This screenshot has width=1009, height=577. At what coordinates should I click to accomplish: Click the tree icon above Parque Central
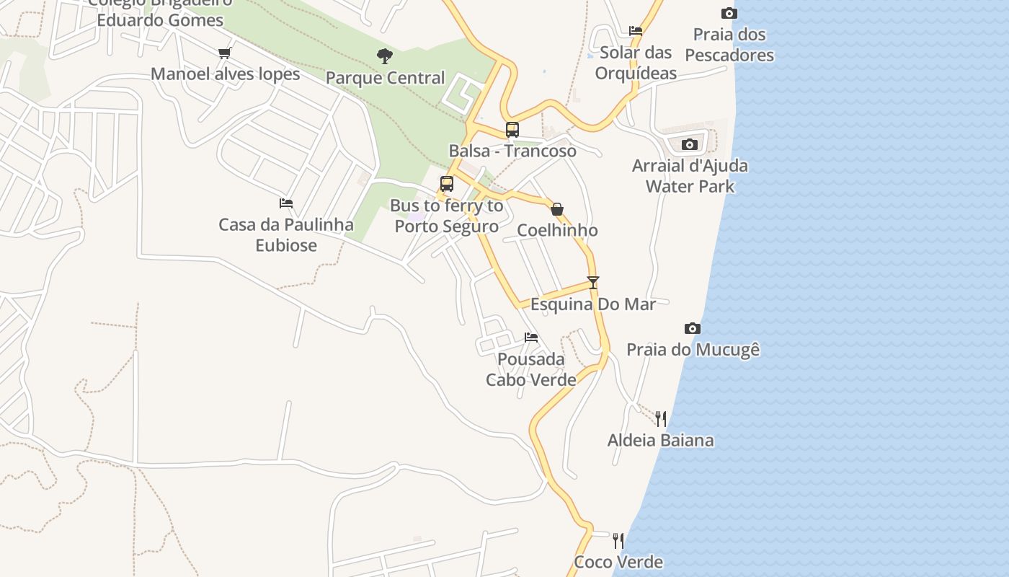click(385, 56)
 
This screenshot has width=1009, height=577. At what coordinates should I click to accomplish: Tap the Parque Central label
click(385, 78)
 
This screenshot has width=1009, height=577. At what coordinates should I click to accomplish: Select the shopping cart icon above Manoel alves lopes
click(224, 53)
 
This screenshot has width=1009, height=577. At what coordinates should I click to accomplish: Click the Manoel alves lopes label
click(225, 74)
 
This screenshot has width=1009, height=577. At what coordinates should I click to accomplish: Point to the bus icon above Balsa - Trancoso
click(512, 130)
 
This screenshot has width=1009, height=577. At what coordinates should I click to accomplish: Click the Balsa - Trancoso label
click(512, 151)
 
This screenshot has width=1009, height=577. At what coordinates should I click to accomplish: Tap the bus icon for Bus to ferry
click(447, 184)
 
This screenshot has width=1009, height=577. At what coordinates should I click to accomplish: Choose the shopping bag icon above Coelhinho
click(557, 209)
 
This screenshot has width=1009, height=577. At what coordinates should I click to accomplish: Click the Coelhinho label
click(557, 231)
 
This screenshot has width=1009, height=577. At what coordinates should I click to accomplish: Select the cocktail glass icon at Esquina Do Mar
click(593, 283)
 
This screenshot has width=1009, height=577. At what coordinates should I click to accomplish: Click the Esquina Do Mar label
click(593, 304)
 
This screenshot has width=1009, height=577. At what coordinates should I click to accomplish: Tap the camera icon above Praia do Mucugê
click(693, 329)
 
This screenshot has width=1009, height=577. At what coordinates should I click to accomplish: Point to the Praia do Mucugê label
click(693, 350)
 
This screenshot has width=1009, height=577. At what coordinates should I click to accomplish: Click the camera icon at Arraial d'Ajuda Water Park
click(690, 144)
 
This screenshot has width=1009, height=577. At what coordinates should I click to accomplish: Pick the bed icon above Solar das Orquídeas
click(636, 31)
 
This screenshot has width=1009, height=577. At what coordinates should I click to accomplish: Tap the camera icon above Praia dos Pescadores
click(729, 13)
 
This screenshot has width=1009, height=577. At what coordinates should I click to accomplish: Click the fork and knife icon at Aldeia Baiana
click(661, 419)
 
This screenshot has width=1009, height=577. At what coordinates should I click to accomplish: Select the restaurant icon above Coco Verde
click(618, 541)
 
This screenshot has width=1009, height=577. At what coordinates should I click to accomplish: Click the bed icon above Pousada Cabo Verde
click(531, 338)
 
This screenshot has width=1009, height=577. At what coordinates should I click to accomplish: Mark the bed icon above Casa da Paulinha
click(286, 203)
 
